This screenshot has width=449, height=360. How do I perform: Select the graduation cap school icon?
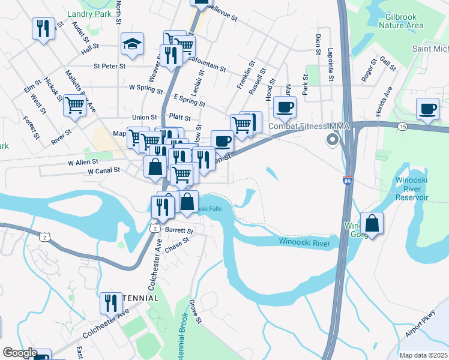tap(132, 44)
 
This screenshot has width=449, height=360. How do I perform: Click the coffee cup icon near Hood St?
tap(285, 108)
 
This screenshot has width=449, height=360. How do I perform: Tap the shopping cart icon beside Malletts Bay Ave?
tap(74, 105)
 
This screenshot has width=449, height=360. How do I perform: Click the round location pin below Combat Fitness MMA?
tap(331, 140)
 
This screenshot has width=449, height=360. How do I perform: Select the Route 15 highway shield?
tap(401, 126)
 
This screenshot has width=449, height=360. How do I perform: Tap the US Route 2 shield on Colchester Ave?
tap(154, 229)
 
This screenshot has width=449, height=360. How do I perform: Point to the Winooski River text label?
tap(304, 241)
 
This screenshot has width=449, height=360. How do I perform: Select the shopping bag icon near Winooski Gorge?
tap(372, 223)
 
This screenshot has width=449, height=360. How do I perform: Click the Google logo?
tap(20, 353)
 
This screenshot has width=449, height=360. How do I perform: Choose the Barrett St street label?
tap(179, 230)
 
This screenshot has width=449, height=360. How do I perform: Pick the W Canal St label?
tap(104, 171)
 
